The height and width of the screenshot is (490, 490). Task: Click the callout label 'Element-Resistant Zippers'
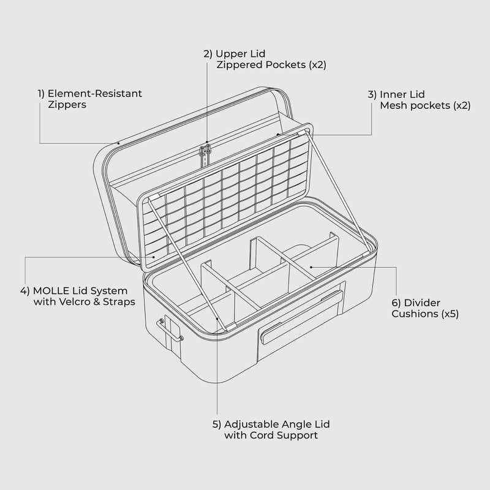[89, 99]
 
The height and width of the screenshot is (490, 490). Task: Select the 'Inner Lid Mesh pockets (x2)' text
[419, 100]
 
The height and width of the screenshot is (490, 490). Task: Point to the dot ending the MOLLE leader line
[153, 258]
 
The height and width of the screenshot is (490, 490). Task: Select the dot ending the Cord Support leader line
[218, 319]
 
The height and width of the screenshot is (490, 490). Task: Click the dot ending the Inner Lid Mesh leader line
[278, 134]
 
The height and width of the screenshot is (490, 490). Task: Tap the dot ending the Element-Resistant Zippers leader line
[119, 143]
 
